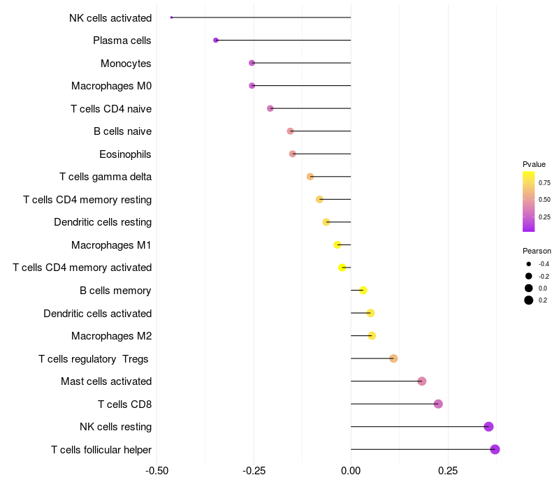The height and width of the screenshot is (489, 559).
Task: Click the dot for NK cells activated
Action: (171, 17)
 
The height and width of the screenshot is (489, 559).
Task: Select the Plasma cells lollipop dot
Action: (216, 40)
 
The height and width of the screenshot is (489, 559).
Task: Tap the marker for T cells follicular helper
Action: (495, 449)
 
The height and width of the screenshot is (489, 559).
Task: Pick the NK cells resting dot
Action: (488, 427)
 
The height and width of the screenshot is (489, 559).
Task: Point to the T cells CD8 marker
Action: (438, 404)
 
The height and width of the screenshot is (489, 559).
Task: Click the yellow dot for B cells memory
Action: (363, 290)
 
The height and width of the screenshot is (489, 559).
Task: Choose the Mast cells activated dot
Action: (421, 381)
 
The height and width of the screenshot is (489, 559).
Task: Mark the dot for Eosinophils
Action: (293, 154)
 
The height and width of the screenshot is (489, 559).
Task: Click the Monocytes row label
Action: (126, 64)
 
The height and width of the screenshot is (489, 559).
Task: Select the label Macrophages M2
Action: (111, 336)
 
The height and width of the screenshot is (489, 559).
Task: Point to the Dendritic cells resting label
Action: (103, 222)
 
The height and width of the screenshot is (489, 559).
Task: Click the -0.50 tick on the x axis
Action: (157, 470)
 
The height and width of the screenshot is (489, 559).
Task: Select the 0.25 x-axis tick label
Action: (448, 470)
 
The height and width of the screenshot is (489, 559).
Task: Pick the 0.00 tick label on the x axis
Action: (351, 470)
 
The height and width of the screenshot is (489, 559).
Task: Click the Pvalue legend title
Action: (534, 164)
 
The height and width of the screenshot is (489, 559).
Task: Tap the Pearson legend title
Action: (537, 251)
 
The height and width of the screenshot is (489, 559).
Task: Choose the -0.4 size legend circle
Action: (529, 264)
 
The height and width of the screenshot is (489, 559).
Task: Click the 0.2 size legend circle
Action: (529, 300)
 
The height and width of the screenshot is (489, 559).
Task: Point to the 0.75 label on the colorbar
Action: (544, 182)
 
